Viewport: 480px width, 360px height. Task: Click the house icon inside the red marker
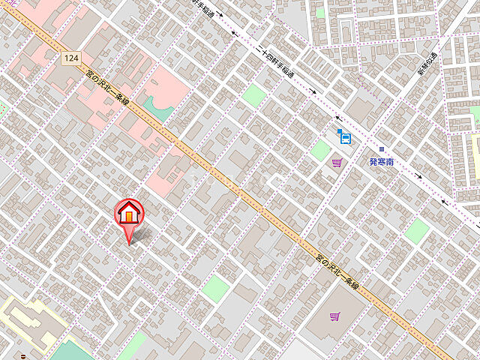pyautogui.click(x=129, y=213)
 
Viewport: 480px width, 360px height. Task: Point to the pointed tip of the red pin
pyautogui.click(x=129, y=244)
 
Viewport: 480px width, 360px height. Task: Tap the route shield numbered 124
pyautogui.click(x=71, y=58)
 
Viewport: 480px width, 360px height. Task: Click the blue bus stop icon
pyautogui.click(x=343, y=136)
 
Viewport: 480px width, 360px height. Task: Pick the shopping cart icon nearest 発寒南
pyautogui.click(x=337, y=162)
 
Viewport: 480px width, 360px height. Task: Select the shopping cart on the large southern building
pyautogui.click(x=334, y=316)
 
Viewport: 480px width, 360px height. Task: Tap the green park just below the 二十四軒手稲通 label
pyautogui.click(x=255, y=94)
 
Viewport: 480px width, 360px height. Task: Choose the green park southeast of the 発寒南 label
pyautogui.click(x=416, y=230)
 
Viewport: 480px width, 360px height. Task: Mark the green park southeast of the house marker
pyautogui.click(x=215, y=288)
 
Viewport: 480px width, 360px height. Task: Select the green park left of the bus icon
pyautogui.click(x=320, y=150)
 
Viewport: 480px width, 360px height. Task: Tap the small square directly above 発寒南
pyautogui.click(x=381, y=149)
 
